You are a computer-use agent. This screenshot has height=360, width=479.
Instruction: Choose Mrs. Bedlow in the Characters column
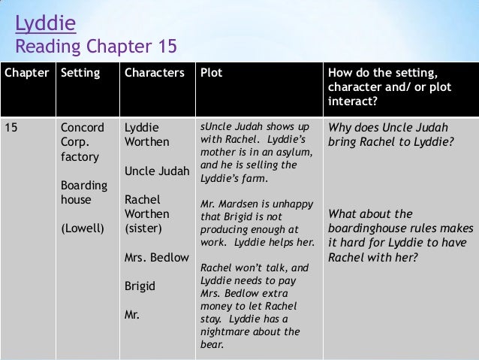pos(156,258)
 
